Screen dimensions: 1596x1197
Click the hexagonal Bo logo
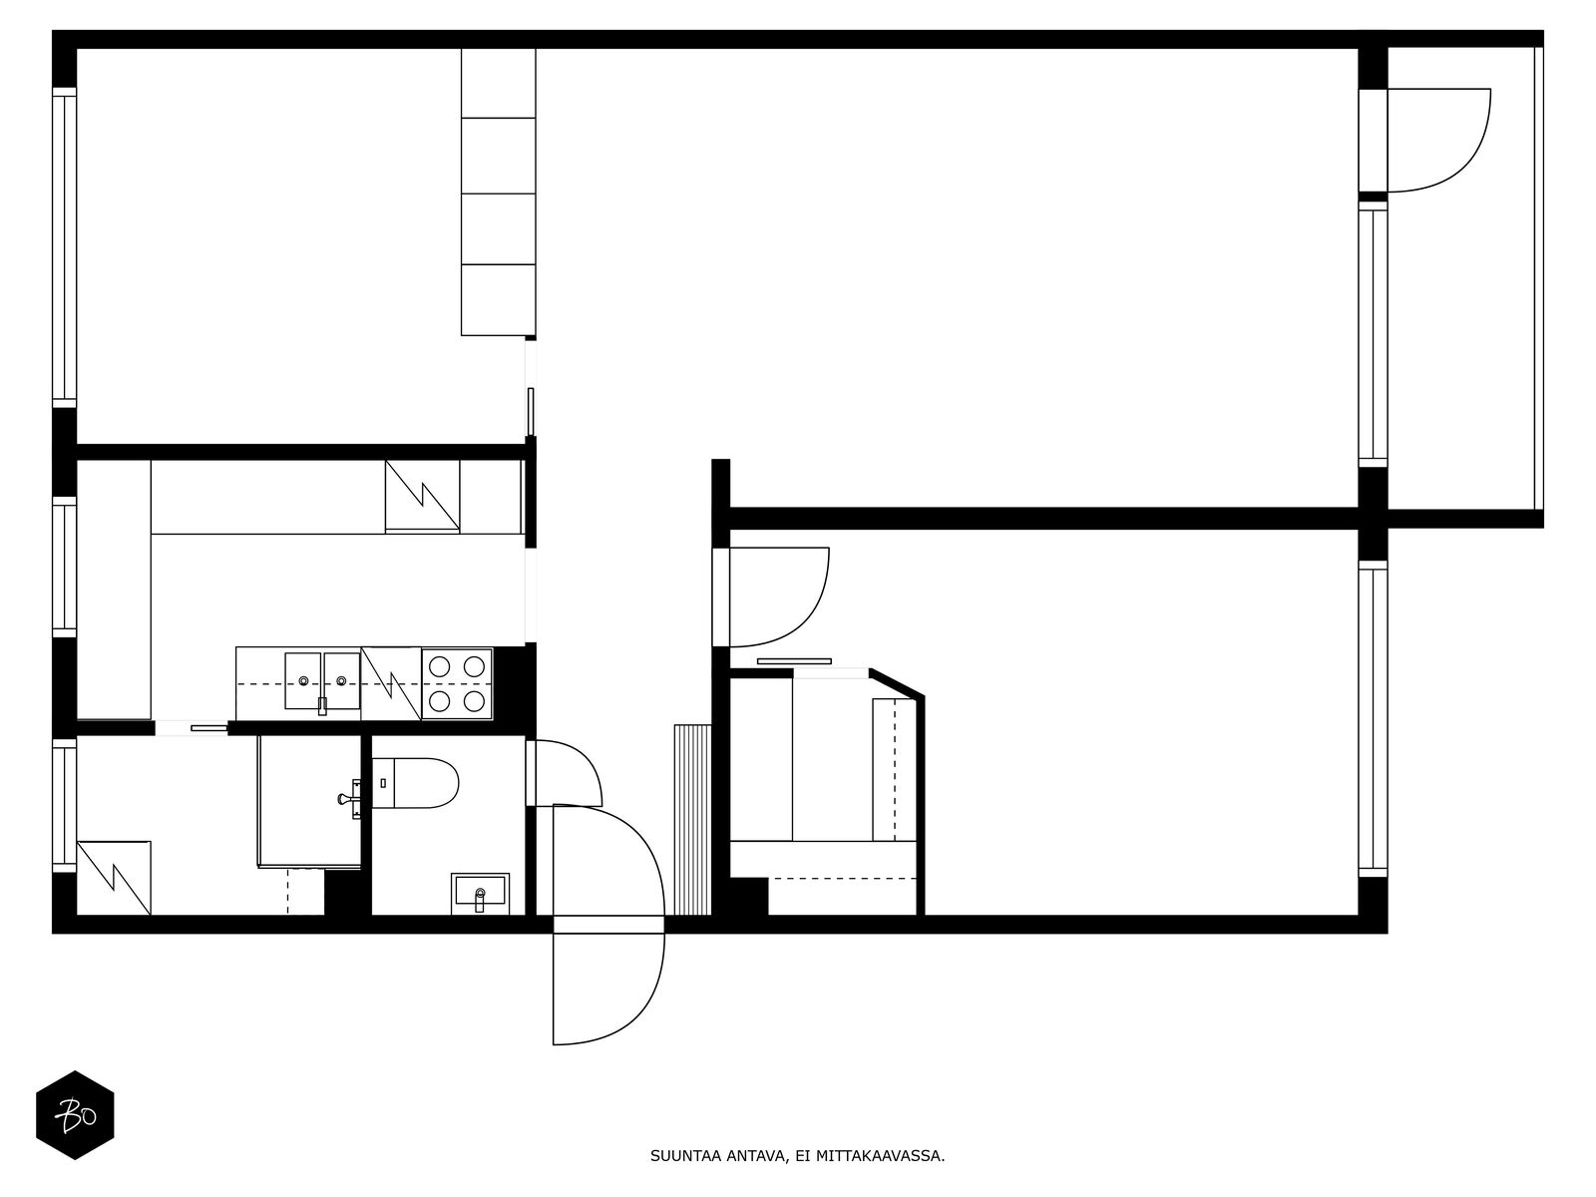(75, 1115)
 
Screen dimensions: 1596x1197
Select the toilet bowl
(415, 783)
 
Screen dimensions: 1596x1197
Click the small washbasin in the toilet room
(480, 893)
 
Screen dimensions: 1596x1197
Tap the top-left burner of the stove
(439, 665)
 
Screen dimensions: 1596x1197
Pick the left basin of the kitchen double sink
(304, 680)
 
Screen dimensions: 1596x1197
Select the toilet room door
(564, 772)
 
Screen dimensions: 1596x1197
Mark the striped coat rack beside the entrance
(692, 819)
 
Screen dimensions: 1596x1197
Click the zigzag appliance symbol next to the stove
(391, 683)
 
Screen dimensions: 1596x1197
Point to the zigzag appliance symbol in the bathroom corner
(114, 878)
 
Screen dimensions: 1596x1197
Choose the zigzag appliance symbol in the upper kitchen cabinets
(423, 497)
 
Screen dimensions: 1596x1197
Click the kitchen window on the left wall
(65, 567)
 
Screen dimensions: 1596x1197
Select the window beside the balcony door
(1373, 334)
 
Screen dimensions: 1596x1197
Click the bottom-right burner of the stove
(474, 700)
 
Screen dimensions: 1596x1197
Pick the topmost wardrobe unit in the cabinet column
(498, 83)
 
